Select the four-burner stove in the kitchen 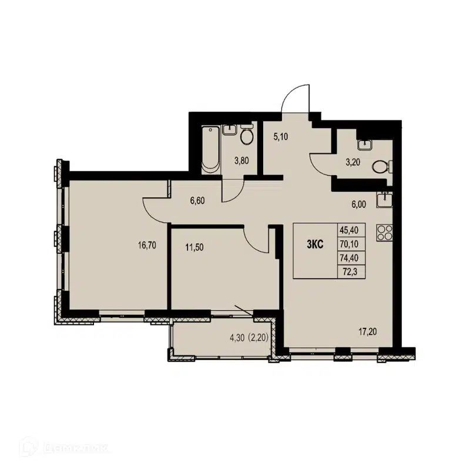(385, 233)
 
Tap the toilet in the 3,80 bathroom (247, 137)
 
